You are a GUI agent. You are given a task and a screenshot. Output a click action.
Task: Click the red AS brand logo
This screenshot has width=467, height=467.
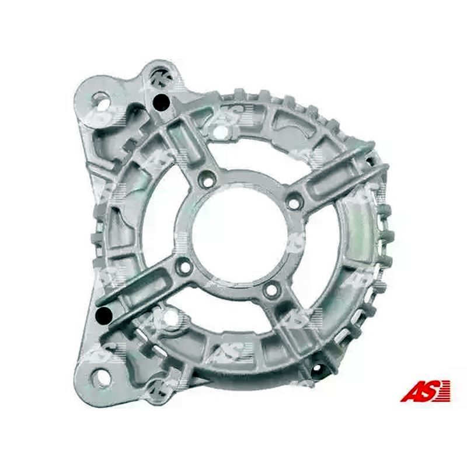pos(426,390)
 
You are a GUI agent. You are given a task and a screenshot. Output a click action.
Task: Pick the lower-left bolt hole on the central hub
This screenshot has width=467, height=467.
pos(185,268)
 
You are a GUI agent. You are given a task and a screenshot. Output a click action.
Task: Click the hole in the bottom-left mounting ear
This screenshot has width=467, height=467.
pos(103,377)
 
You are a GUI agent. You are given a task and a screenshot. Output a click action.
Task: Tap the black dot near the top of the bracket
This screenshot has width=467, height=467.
pos(161,103)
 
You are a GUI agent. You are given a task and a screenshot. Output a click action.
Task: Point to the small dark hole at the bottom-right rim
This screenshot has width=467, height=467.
pos(318,369)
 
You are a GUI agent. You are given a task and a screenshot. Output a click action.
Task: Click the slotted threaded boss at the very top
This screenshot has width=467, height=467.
pos(158,76)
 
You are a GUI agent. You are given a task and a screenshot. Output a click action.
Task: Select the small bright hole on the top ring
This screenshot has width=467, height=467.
pos(220,132)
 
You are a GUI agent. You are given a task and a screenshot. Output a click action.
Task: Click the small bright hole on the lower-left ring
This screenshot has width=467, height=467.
pos(170,319)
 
